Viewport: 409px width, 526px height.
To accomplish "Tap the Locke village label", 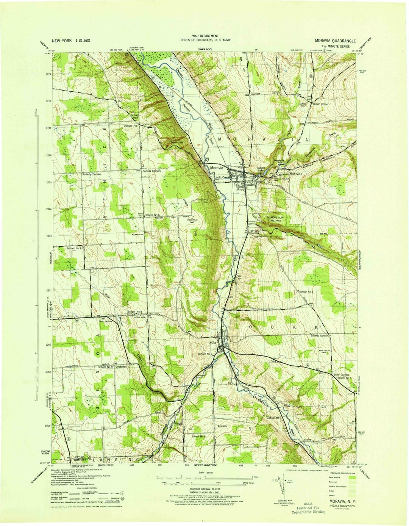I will pyautogui.click(x=212, y=341).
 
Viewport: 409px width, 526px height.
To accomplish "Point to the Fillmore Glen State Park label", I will pyautogui.click(x=276, y=219).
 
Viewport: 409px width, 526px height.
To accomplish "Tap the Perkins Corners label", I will pyautogui.click(x=151, y=171).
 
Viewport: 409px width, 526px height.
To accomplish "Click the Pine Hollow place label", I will pyautogui.click(x=106, y=321).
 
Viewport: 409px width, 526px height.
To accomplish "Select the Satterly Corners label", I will pyautogui.click(x=319, y=336).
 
